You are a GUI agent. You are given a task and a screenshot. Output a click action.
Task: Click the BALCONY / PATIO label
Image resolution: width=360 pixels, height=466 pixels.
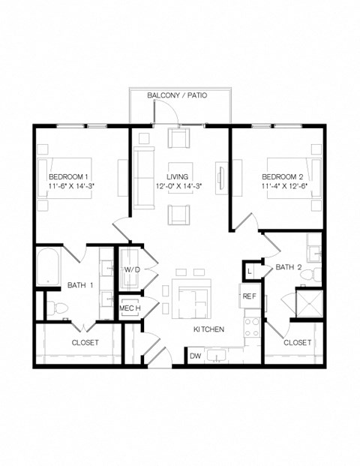click(177, 96)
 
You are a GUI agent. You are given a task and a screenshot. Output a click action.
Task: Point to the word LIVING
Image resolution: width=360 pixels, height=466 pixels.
click(178, 176)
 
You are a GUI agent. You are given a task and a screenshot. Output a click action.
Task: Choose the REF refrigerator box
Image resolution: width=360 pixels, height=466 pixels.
click(249, 296)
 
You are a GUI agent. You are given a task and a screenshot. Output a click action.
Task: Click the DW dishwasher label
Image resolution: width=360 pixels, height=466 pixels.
click(195, 356)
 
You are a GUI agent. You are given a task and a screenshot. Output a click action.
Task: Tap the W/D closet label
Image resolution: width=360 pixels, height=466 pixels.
click(132, 269)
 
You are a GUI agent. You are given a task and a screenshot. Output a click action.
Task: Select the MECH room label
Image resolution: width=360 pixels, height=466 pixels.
click(129, 308)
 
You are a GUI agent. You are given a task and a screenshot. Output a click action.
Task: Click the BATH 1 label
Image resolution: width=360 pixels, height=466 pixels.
click(79, 285)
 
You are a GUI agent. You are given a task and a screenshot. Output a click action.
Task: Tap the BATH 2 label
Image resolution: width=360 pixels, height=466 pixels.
click(288, 267)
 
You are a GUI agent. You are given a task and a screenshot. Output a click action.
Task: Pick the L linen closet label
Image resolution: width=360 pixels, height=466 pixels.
click(249, 269)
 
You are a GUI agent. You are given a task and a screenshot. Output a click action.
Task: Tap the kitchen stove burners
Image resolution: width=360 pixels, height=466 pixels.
click(253, 327)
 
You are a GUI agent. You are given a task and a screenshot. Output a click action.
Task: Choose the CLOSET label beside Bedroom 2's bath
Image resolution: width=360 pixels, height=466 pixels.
click(298, 342)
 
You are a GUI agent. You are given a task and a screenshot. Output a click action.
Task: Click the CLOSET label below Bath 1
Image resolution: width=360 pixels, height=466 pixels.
click(85, 342)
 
